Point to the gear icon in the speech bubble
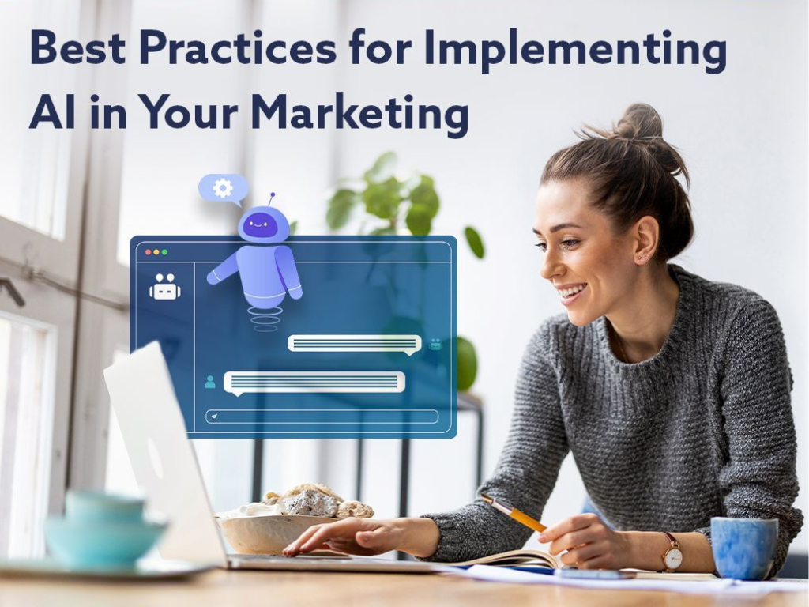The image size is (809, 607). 223,188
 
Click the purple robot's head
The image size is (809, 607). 263,224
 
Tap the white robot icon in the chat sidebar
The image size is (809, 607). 164,287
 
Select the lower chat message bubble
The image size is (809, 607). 314,382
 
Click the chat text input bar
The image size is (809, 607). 322,416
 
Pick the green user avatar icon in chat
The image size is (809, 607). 210,382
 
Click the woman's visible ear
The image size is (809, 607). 644,242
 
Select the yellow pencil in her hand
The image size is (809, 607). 514,514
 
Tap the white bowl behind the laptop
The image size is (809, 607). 261,531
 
